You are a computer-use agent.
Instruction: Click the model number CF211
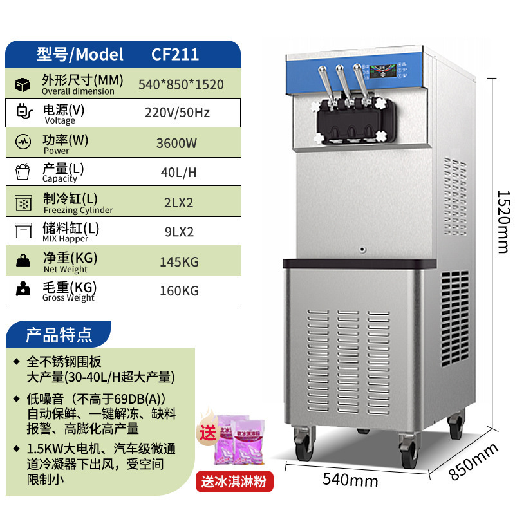click(175, 55)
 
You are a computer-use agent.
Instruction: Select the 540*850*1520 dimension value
click(181, 84)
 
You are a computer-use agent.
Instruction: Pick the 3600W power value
click(176, 143)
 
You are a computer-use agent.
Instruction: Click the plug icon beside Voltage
click(23, 113)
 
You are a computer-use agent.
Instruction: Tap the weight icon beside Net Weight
click(23, 261)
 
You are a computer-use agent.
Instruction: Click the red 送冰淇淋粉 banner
click(234, 480)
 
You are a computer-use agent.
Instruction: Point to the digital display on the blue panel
click(388, 71)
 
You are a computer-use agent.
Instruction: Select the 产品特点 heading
click(59, 335)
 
